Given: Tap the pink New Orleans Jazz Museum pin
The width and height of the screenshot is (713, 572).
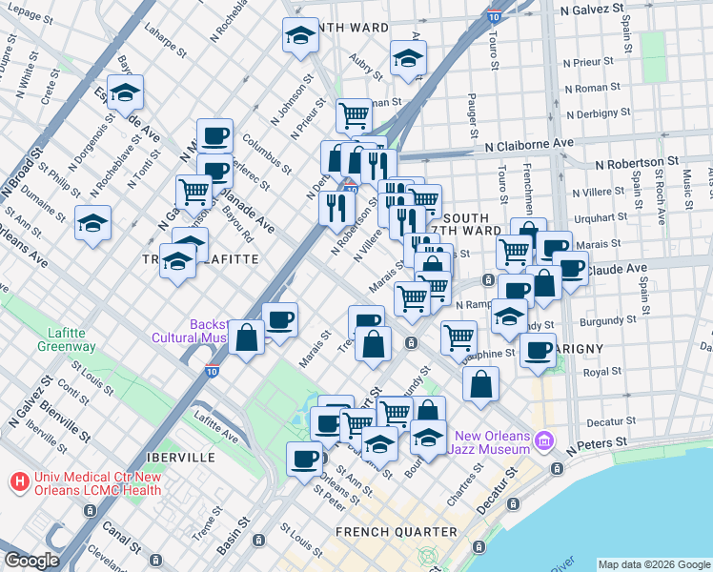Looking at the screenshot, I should [x=544, y=440].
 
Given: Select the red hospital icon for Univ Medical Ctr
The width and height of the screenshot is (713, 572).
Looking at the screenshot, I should [x=18, y=483].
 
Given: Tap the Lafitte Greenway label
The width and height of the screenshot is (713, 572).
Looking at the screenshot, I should [x=67, y=339].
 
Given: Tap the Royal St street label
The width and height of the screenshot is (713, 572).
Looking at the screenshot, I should [x=602, y=371].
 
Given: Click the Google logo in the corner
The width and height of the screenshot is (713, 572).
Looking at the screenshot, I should [x=31, y=561].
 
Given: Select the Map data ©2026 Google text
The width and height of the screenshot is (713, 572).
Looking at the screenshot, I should [x=654, y=563].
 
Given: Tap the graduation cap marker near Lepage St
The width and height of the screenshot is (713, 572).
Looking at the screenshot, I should [x=300, y=36].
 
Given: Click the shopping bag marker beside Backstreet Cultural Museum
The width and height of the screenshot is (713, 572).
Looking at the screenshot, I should [x=247, y=337].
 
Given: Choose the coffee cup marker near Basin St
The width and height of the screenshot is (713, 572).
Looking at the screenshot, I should [x=305, y=459].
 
